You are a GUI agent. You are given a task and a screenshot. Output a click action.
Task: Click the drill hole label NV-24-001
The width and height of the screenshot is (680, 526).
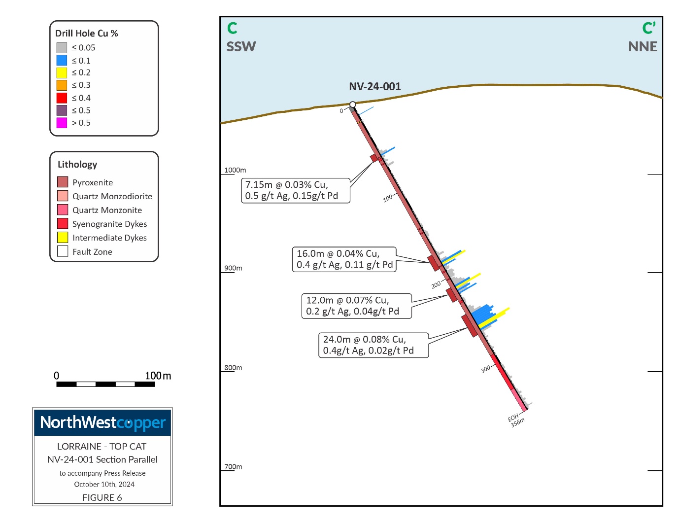[x=374, y=87]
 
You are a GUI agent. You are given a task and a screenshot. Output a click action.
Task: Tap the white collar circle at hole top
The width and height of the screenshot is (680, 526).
[x=353, y=105]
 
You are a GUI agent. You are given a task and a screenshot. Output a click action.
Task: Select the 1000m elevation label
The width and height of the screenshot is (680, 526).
[x=235, y=170]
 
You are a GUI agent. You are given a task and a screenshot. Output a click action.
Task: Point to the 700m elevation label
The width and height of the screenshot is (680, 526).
[x=233, y=466]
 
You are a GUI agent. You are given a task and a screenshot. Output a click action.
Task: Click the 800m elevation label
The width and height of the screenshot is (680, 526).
[x=233, y=367]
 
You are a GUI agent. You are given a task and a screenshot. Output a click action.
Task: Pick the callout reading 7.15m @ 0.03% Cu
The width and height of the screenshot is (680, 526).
[x=295, y=190]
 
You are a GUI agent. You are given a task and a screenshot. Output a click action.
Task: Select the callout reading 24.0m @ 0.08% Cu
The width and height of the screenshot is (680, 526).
[x=373, y=345]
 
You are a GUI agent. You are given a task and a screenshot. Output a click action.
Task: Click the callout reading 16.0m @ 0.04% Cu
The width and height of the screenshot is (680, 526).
[x=344, y=259]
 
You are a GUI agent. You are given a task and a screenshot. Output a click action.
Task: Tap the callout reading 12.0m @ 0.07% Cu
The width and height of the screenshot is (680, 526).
[x=356, y=306]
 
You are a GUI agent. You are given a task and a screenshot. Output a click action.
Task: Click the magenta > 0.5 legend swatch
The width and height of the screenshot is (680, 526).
[x=62, y=123]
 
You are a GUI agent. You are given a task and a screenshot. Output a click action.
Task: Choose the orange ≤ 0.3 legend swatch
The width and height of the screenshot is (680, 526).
[x=62, y=85]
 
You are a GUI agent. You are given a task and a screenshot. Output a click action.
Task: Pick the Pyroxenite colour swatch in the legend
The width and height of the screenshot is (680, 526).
[x=63, y=182]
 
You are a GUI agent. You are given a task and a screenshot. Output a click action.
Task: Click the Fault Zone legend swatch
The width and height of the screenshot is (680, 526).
[x=63, y=251]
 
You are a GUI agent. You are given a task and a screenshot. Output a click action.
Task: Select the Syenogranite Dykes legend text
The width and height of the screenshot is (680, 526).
[x=109, y=224]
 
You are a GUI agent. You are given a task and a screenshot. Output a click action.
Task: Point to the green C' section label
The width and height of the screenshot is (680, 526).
[x=648, y=29]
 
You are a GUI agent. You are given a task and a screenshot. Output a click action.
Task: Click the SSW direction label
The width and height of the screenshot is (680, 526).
[x=241, y=47]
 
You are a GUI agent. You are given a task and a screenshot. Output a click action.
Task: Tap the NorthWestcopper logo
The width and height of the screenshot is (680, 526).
[x=102, y=423]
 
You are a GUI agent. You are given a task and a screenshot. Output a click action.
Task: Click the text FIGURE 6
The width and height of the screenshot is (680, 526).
[x=102, y=497]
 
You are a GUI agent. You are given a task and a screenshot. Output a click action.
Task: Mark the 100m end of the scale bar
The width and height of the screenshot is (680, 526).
[x=154, y=384]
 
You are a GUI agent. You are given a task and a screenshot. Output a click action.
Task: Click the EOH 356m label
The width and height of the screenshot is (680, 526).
[x=516, y=420]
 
